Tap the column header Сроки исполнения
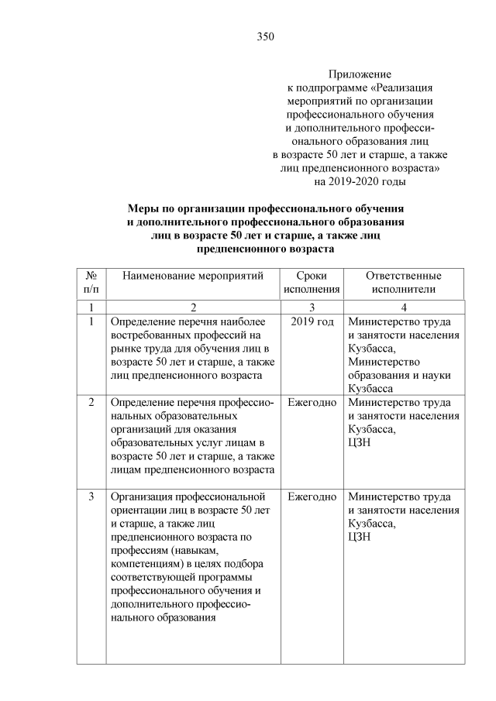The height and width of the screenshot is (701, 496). [x=311, y=283]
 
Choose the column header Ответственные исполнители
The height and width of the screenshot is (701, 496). [x=403, y=283]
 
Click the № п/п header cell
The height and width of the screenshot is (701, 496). [x=91, y=283]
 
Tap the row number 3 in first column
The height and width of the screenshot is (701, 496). [x=91, y=496]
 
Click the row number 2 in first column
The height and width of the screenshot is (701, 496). [x=91, y=403]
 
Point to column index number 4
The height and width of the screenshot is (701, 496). [x=404, y=307]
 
